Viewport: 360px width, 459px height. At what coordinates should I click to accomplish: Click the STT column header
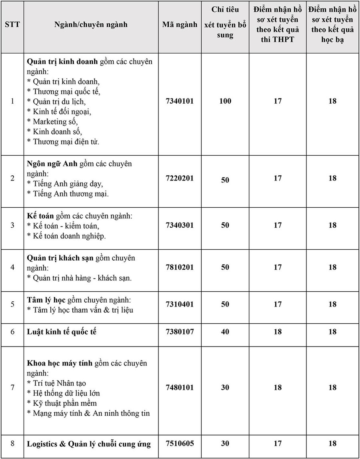12,24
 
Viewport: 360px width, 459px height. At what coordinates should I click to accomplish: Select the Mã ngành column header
180,24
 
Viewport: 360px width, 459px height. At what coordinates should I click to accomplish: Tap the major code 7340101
180,101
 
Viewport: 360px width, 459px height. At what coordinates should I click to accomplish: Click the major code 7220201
180,178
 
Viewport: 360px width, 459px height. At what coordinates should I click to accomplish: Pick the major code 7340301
180,225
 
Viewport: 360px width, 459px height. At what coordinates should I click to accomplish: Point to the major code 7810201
180,267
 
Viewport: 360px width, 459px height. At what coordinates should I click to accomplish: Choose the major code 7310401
180,304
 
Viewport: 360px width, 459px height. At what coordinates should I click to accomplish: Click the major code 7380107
180,332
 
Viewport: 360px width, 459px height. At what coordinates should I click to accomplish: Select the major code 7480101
180,387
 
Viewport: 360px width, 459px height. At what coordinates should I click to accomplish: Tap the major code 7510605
180,443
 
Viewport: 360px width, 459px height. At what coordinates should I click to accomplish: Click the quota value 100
225,101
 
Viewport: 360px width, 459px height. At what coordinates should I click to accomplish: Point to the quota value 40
225,332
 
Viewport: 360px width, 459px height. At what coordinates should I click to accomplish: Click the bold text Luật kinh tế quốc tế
62,332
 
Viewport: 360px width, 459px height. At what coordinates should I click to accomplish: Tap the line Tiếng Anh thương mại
68,194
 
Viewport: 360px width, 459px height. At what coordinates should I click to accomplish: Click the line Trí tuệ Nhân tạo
56,383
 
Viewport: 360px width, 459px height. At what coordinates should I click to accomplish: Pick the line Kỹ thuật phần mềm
62,403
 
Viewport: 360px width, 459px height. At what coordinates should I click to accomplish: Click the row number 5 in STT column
12,304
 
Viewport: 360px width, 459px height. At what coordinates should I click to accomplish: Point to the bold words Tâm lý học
46,300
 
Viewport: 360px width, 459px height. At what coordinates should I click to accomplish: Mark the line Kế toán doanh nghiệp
66,236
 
